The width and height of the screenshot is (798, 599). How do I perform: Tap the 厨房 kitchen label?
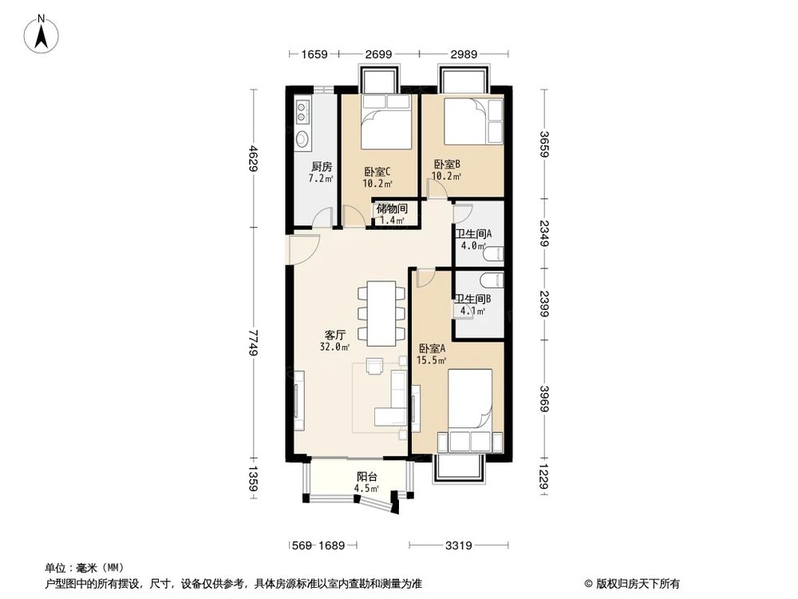pyautogui.click(x=322, y=167)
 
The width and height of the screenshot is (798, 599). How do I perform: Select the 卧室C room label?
pyautogui.click(x=377, y=171)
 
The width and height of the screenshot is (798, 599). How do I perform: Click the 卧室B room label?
pyautogui.click(x=446, y=165)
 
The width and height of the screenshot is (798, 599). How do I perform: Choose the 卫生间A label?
pyautogui.click(x=474, y=234)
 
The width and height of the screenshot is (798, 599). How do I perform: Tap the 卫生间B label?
pyautogui.click(x=474, y=301)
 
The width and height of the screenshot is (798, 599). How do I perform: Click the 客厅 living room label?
pyautogui.click(x=335, y=335)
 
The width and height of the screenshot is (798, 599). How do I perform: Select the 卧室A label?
pyautogui.click(x=432, y=348)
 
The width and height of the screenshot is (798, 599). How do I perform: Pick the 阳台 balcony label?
pyautogui.click(x=366, y=477)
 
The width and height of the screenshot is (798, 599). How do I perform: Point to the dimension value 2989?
pyautogui.click(x=464, y=54)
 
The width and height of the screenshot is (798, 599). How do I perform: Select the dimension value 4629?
pyautogui.click(x=253, y=158)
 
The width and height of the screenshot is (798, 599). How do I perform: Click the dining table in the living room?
pyautogui.click(x=381, y=313)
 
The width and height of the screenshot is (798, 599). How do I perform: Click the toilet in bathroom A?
pyautogui.click(x=494, y=254)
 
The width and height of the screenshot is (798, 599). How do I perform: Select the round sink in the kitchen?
pyautogui.click(x=302, y=141)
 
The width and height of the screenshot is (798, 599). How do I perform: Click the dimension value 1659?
pyautogui.click(x=315, y=54)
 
